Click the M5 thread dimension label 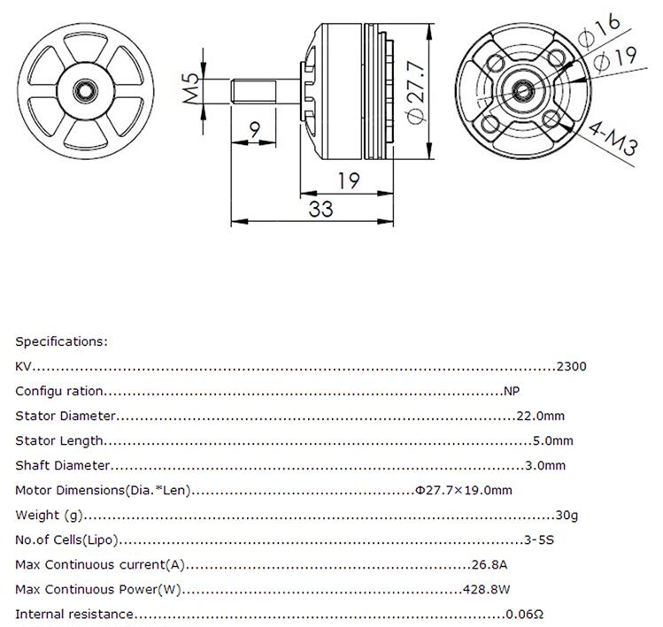point(191,88)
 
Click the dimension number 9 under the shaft point(255,130)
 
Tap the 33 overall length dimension point(321,209)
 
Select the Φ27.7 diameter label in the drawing point(416,92)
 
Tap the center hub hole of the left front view point(85,91)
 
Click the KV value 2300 point(571,366)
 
